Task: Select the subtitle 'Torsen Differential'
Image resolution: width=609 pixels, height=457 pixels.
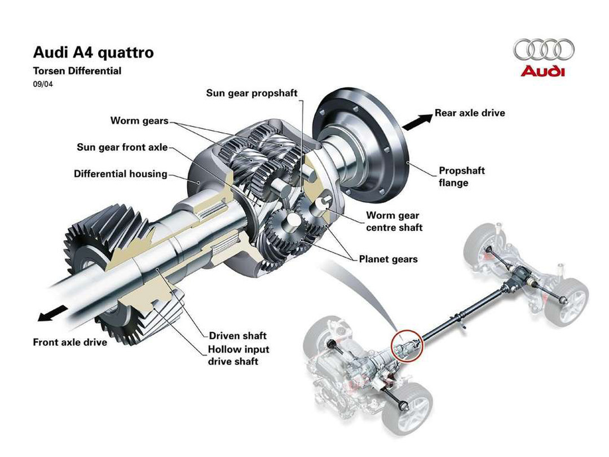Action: click(77, 71)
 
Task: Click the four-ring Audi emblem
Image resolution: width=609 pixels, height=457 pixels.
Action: click(544, 50)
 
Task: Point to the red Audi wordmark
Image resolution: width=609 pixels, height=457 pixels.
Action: click(542, 71)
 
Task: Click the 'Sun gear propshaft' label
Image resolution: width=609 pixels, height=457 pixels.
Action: click(251, 93)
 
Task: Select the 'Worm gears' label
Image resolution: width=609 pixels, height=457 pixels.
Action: click(139, 121)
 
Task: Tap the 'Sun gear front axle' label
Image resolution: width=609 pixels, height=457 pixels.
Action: click(122, 147)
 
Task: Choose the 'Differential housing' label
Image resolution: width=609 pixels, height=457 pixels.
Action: click(121, 174)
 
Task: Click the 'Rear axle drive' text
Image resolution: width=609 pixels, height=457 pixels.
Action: click(470, 113)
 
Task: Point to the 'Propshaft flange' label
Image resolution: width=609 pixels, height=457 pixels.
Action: click(462, 177)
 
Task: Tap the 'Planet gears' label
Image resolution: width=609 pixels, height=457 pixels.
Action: click(389, 260)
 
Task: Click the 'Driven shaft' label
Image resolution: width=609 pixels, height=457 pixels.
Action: click(238, 336)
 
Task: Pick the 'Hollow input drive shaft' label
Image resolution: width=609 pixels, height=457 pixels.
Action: click(239, 355)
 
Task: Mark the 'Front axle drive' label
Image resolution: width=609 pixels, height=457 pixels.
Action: click(70, 342)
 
